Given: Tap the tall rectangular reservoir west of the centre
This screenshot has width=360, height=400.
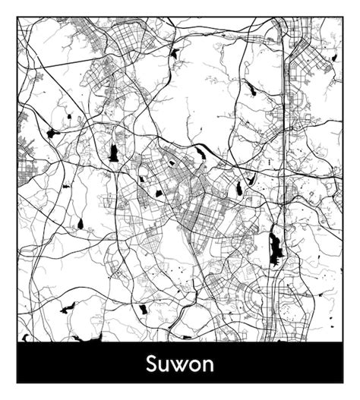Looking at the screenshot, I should [114, 152].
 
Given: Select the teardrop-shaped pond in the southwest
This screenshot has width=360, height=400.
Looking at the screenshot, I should [80, 225].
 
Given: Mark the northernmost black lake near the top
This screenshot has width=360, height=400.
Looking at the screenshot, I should [175, 53].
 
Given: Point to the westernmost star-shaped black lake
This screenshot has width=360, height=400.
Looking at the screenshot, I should [52, 133].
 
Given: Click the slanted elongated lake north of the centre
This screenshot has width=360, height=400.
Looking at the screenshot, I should [201, 155].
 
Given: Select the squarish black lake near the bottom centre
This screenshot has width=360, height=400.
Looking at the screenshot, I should [142, 309].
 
